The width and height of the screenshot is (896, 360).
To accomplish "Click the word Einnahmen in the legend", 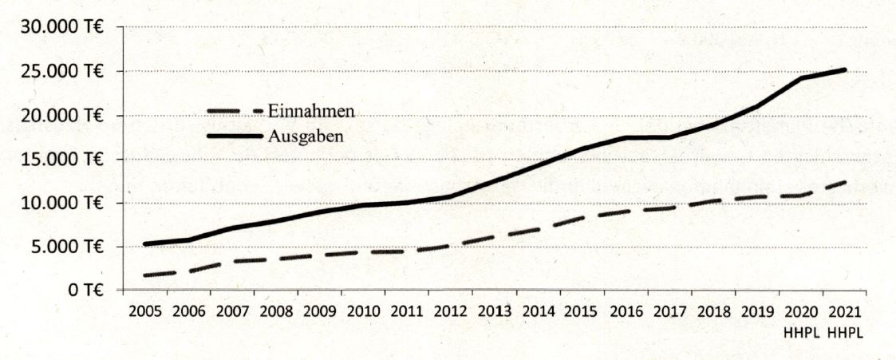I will tap(310, 112).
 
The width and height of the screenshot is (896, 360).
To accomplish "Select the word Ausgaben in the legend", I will tap(306, 136).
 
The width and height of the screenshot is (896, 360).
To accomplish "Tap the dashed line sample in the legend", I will tap(234, 112).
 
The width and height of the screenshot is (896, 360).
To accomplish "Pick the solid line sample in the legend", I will tap(234, 136).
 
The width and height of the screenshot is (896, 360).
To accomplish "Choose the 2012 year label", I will tap(450, 311).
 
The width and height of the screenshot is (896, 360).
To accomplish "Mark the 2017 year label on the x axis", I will tap(669, 311).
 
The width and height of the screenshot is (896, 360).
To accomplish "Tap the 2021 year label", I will tap(843, 311).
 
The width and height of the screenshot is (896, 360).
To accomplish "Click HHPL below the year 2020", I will tap(800, 330).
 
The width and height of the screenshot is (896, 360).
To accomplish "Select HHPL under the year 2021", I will tap(843, 330).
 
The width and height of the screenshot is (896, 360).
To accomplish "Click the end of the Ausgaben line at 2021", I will tap(844, 70).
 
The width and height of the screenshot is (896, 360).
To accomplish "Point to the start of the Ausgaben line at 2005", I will tap(144, 243).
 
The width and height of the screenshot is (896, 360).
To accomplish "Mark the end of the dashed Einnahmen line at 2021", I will tap(844, 182).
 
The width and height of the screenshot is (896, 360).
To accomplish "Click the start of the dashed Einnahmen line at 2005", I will tap(144, 275).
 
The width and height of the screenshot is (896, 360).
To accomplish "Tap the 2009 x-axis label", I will tap(318, 311).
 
